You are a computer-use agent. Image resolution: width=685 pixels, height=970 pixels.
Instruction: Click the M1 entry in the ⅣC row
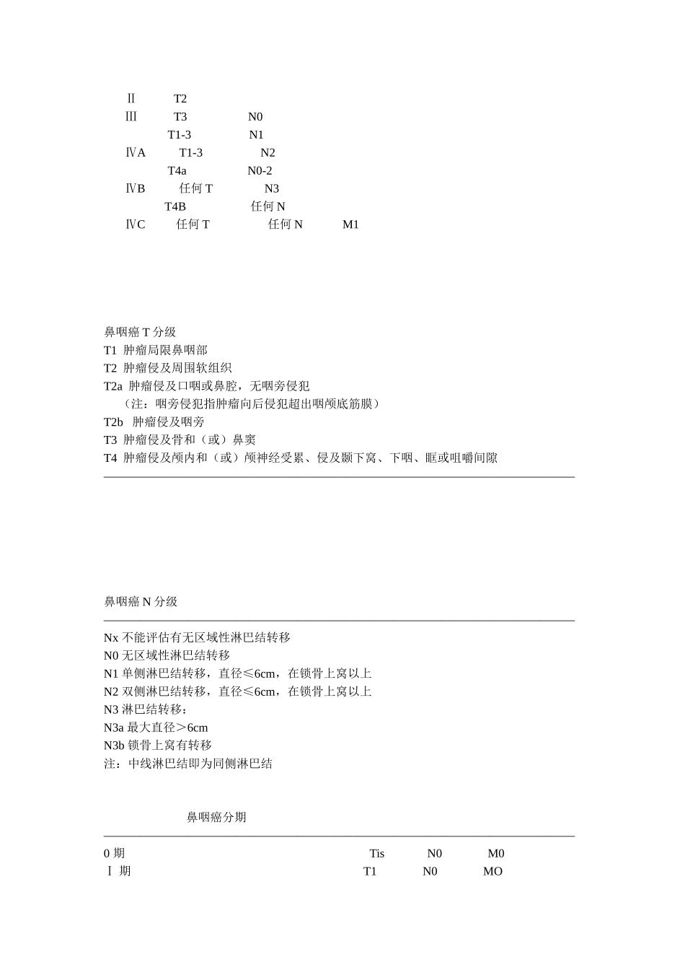350,224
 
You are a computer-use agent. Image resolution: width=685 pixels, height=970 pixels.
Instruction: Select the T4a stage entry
177,171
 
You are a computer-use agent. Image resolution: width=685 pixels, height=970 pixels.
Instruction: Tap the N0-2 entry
260,171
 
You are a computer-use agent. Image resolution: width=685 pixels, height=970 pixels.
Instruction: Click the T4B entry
175,206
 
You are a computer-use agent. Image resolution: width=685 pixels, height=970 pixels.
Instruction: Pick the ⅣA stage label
136,153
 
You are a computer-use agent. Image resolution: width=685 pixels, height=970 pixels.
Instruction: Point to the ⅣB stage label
136,189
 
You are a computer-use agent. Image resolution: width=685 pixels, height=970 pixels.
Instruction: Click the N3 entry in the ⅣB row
272,189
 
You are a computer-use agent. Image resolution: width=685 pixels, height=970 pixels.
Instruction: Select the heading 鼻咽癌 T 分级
140,332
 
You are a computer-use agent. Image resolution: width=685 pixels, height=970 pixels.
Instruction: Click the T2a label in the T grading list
113,386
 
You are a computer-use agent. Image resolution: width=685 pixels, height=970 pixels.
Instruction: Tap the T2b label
114,422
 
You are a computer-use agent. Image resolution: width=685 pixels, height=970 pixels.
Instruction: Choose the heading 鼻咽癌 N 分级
141,602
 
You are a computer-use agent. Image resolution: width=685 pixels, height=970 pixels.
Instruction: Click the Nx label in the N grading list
111,638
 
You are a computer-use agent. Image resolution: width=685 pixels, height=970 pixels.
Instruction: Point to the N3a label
114,727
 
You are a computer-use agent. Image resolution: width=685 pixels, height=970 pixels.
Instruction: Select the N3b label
114,746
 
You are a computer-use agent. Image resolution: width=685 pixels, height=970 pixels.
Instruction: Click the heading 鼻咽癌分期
216,817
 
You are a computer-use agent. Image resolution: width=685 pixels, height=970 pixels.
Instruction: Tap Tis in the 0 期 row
377,854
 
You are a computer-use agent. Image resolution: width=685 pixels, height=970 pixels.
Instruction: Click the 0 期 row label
114,854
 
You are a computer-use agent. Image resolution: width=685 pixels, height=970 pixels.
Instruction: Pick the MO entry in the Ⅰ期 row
492,872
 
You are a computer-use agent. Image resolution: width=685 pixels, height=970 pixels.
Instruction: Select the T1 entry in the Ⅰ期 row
370,872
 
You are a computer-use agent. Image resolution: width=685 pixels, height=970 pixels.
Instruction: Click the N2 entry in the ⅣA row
268,153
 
